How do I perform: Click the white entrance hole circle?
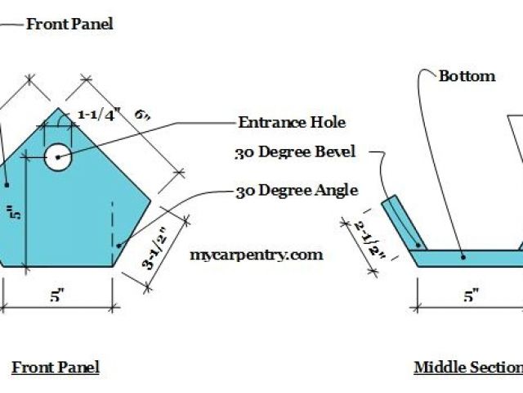coord(57,156)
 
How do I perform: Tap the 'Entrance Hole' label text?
coord(292,123)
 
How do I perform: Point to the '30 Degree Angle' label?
coord(297,191)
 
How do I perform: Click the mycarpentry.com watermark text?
coord(256,255)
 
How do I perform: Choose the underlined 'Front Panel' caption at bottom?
coord(56,367)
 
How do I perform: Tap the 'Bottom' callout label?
coord(467,76)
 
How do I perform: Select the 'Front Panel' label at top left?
coord(69,24)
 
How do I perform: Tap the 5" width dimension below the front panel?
coord(56,297)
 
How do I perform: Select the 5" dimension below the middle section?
coord(471,297)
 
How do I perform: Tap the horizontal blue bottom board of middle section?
coord(466,258)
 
